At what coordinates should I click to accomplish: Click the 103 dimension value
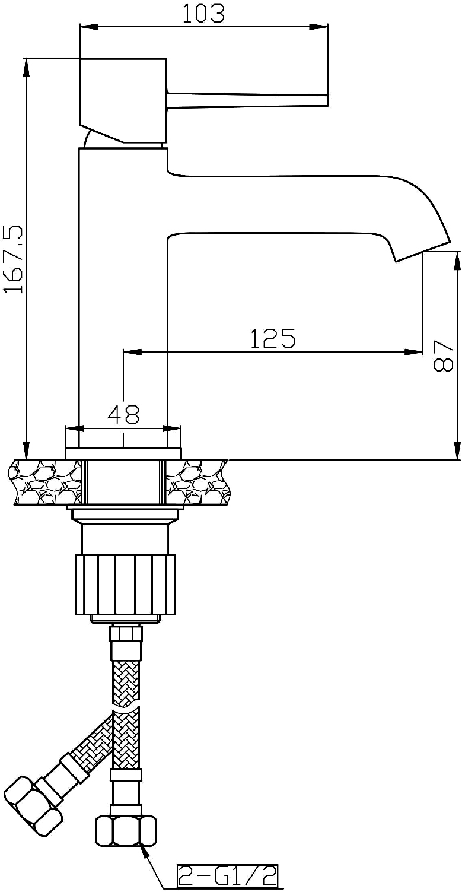tap(203, 13)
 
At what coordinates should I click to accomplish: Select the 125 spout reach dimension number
tap(273, 338)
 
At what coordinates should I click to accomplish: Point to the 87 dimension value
tap(443, 356)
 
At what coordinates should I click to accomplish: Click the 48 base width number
tap(123, 414)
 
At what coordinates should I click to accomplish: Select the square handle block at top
tap(123, 100)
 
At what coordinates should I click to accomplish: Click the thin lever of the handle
tap(247, 100)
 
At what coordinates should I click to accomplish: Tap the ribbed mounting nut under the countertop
tap(125, 585)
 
